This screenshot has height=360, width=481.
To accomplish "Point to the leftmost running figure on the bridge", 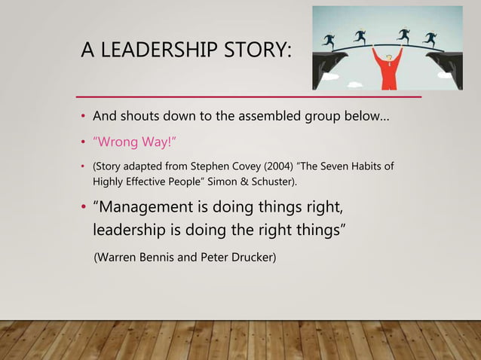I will (329, 40).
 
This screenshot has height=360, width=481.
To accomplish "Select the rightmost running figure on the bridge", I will (430, 38).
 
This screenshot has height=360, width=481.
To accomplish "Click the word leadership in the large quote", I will (130, 230).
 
